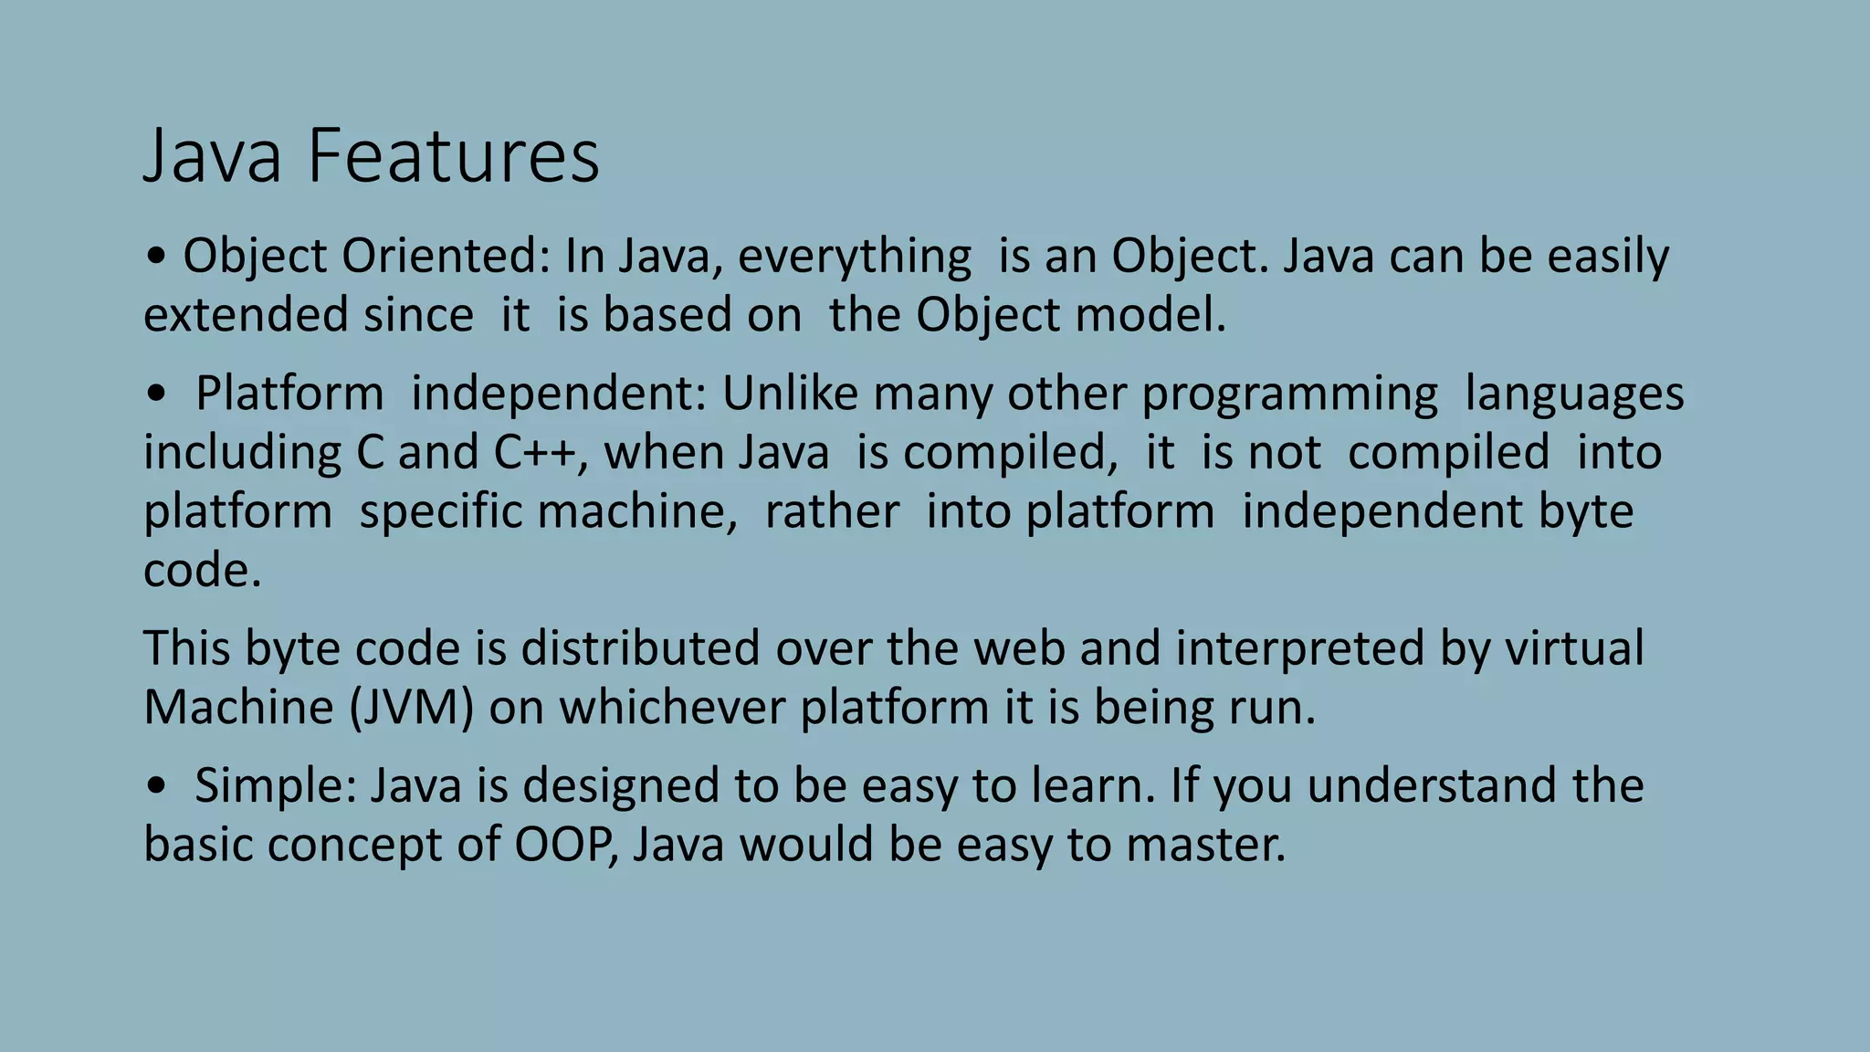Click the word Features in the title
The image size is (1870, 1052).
tap(453, 155)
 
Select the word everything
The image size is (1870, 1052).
tap(855, 256)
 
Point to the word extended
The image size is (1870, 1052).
tap(247, 314)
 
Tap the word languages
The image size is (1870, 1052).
tap(1574, 394)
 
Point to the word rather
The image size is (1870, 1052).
tap(832, 510)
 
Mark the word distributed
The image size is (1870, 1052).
tap(640, 647)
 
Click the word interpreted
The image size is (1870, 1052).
tap(1299, 647)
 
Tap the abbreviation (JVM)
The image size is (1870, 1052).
tap(411, 707)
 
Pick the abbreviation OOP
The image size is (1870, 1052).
tap(561, 844)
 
